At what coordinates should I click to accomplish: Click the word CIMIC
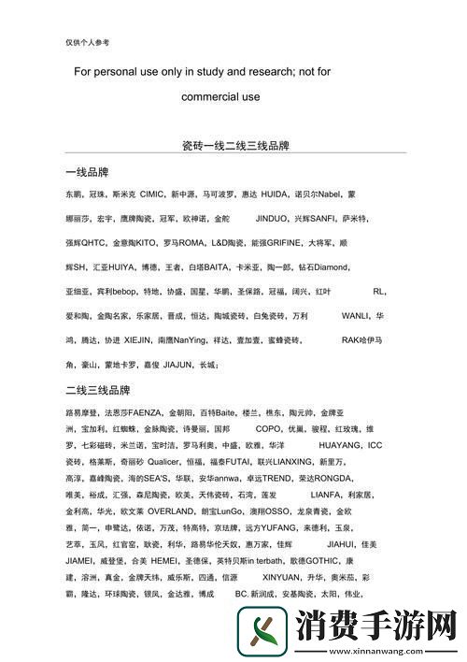coord(151,194)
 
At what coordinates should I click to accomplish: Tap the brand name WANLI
coord(356,316)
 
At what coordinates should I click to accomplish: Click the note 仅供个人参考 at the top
coord(87,42)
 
